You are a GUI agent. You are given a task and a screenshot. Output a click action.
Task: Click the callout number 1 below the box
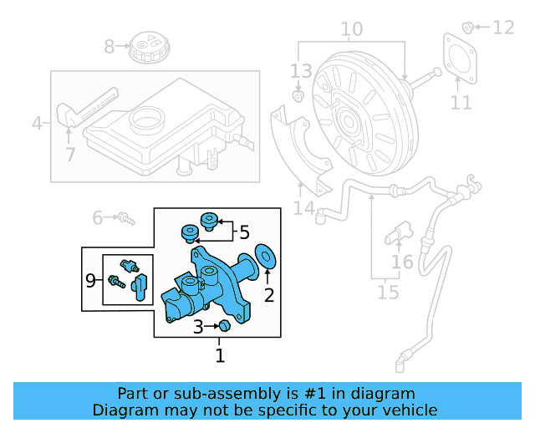(x=220, y=357)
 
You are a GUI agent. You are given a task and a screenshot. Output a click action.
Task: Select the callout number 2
(x=268, y=294)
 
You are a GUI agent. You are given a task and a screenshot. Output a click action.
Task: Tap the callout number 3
(x=197, y=326)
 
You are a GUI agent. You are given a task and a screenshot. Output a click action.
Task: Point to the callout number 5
(x=244, y=232)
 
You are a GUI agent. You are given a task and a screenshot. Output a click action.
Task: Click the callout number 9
(x=90, y=281)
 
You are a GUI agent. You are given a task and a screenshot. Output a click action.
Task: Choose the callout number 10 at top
(x=351, y=30)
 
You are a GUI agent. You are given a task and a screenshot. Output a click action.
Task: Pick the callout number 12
(x=502, y=28)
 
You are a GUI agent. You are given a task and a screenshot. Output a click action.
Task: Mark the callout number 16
(x=403, y=262)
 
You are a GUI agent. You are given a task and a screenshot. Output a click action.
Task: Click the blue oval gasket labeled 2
(x=266, y=257)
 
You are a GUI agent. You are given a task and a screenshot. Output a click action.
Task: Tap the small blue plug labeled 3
(x=224, y=325)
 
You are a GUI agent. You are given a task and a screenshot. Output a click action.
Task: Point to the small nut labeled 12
(x=469, y=26)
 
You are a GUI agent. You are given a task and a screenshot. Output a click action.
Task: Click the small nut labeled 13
(x=297, y=98)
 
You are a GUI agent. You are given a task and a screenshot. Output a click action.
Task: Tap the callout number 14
(x=303, y=207)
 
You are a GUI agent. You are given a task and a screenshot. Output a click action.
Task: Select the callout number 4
(x=36, y=125)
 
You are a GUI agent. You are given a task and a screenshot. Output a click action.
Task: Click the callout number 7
(x=70, y=154)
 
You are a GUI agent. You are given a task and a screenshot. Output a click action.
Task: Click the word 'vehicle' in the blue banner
(x=408, y=410)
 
